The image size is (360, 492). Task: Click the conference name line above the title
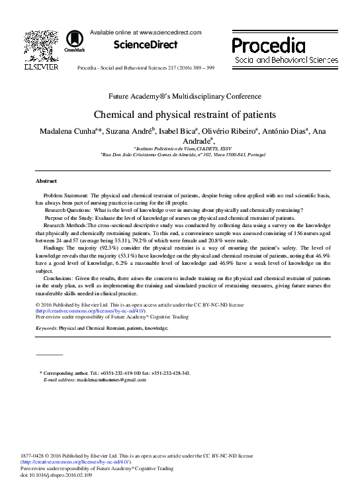click(x=179, y=96)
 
